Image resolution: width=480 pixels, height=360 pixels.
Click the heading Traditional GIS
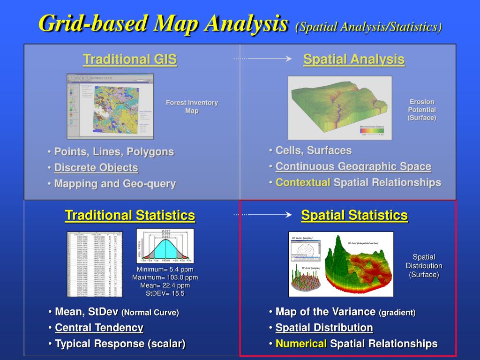pos(130,60)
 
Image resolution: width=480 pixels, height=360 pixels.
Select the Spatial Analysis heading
pos(353,60)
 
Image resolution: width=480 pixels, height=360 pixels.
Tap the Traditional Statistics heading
pos(130,216)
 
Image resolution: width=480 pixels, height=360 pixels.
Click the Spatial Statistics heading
pos(354,216)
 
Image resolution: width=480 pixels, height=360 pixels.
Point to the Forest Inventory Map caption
pos(192,107)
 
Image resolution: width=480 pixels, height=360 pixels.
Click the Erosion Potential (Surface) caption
pos(421,110)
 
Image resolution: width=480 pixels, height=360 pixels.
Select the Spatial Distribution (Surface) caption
pos(424,266)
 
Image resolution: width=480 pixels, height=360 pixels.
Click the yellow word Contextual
pos(303,182)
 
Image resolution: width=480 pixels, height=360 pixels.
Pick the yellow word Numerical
pos(301,344)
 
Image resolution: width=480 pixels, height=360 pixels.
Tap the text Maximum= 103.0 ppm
pos(165,277)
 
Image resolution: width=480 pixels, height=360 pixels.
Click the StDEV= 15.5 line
pos(165,293)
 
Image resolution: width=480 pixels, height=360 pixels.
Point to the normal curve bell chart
pos(165,246)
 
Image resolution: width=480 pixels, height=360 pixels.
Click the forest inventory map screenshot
pos(110,106)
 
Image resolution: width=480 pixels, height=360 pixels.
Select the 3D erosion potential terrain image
pos(340,107)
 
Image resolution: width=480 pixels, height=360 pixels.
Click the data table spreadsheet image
pos(95,264)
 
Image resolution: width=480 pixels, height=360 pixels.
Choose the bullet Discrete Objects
pos(96,168)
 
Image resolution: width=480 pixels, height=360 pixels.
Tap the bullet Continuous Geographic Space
pos(353,166)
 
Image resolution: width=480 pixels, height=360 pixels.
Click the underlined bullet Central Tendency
pos(99,328)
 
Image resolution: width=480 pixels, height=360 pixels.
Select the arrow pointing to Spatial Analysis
pos(263,59)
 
